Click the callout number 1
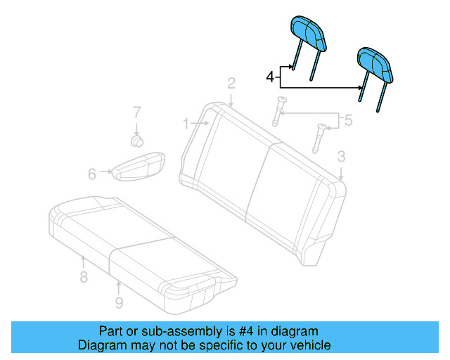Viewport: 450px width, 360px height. tap(186, 124)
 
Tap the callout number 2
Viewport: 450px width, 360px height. tap(231, 84)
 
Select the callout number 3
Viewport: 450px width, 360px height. tap(341, 156)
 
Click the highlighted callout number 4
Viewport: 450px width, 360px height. tap(271, 76)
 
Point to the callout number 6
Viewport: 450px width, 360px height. tap(92, 174)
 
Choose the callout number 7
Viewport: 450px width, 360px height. tap(138, 112)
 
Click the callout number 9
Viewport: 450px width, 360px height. tap(119, 302)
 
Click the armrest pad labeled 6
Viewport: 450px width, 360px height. tap(139, 166)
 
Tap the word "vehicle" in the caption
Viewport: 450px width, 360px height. tap(309, 345)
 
